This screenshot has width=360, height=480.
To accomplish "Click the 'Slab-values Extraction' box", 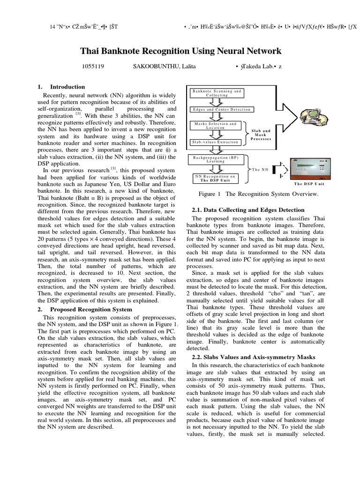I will (215, 142).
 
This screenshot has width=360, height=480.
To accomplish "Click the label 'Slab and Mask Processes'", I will (261, 135).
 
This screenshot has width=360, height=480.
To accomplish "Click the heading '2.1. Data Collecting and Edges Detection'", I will (248, 210).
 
